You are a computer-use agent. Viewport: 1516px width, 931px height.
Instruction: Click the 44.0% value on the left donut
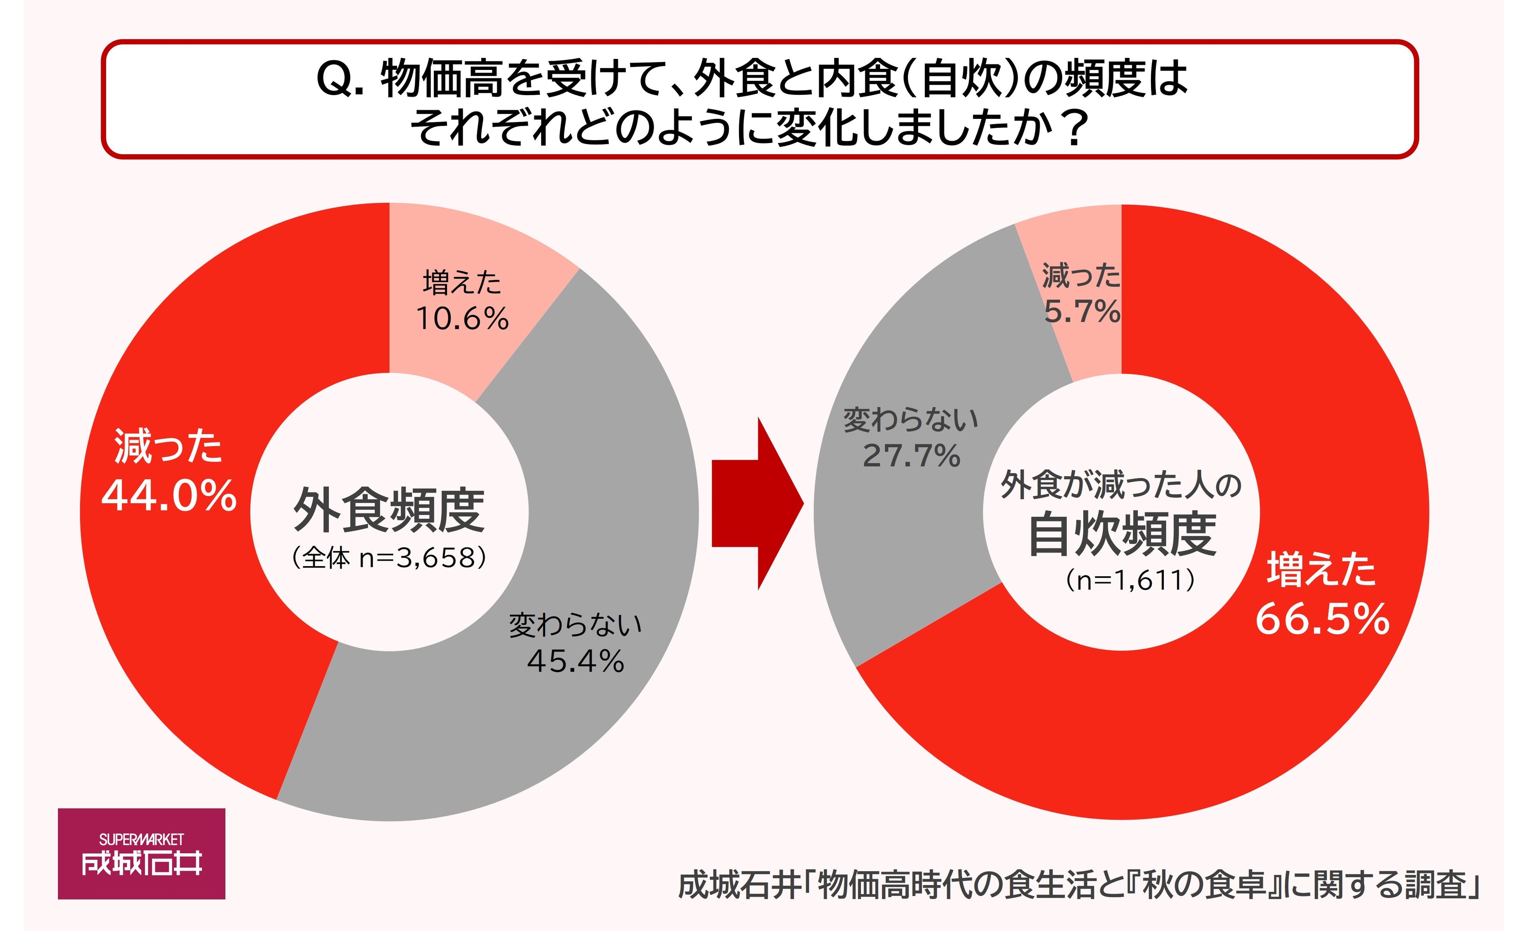[x=169, y=496]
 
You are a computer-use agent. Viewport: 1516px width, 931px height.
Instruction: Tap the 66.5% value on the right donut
[x=1322, y=619]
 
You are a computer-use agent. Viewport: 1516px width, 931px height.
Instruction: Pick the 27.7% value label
[x=911, y=456]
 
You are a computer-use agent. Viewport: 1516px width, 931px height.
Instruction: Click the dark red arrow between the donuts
[x=758, y=503]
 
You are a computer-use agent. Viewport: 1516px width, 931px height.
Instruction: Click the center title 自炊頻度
[x=1122, y=534]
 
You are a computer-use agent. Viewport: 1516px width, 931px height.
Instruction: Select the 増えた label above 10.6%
[x=462, y=282]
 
